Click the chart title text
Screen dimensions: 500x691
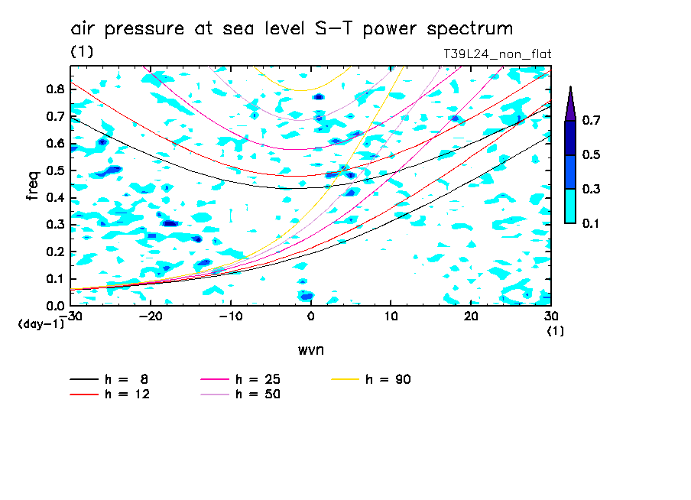click(291, 29)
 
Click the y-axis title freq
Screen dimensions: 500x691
click(33, 186)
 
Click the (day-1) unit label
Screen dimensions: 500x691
click(41, 323)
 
